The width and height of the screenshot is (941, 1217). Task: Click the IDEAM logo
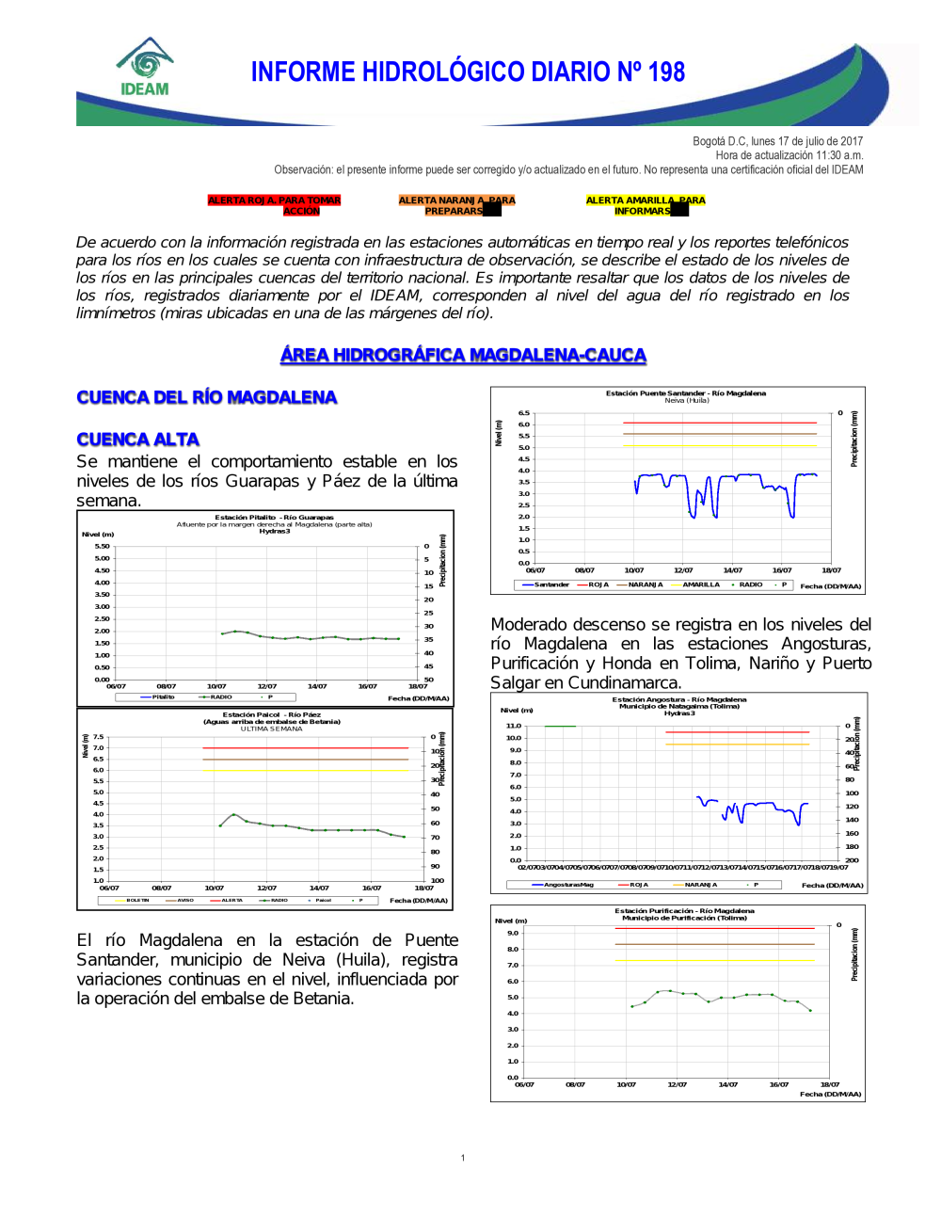[145, 68]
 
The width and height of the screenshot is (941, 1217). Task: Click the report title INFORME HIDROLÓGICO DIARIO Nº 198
[468, 72]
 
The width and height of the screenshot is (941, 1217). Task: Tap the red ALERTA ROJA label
[274, 205]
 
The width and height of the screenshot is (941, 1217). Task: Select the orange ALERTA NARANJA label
[456, 205]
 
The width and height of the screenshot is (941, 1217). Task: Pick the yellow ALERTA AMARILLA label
[645, 205]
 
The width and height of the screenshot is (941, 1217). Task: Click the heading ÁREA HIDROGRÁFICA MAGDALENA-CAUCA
[463, 355]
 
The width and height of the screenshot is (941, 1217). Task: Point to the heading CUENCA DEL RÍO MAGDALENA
[206, 397]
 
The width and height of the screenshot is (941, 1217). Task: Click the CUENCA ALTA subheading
[137, 440]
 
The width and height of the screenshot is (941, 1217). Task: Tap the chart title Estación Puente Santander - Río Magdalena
[685, 393]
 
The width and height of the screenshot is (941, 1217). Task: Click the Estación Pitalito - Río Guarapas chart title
[274, 518]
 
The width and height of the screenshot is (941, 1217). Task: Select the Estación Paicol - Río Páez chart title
[271, 715]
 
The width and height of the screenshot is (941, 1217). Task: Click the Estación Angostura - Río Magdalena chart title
[678, 699]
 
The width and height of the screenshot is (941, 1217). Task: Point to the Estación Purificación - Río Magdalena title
[684, 911]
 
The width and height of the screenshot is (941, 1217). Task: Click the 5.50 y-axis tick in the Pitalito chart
[102, 546]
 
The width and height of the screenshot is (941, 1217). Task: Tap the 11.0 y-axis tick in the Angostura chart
[514, 726]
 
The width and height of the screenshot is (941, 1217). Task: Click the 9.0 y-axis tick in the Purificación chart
[513, 933]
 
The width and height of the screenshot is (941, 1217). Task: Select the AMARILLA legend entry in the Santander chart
[701, 584]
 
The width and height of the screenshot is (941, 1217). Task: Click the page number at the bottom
[463, 1158]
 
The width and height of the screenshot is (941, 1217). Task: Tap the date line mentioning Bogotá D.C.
[777, 141]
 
